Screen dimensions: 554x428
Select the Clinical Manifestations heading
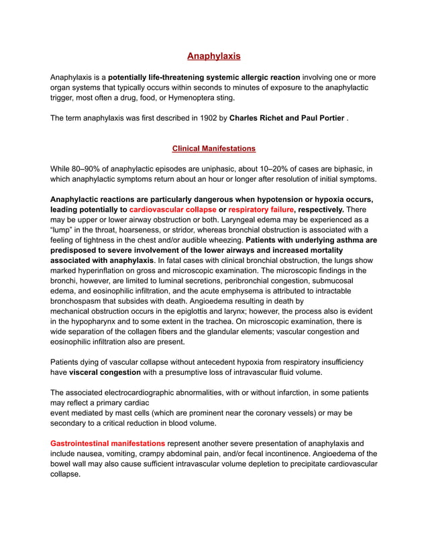(x=213, y=148)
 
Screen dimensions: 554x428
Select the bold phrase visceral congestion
(x=105, y=372)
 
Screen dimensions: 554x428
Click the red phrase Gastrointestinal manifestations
(x=107, y=443)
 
